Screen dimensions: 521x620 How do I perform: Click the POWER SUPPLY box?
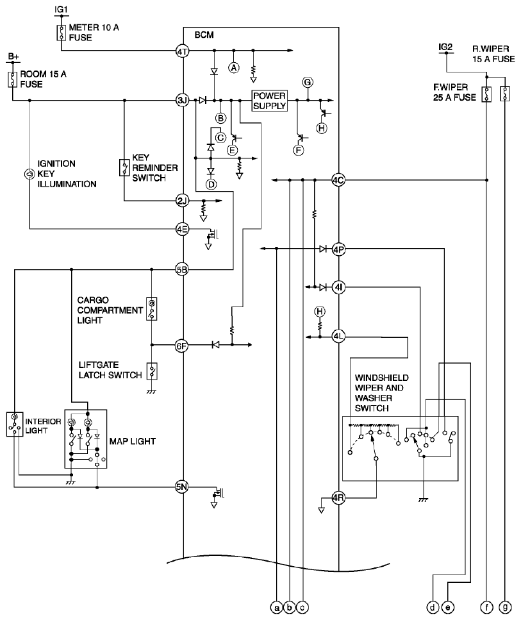pos(269,101)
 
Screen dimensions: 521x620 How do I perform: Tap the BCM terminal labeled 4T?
pos(182,51)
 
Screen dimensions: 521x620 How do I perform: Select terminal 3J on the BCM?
pos(182,100)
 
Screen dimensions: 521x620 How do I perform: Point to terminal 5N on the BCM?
pos(181,487)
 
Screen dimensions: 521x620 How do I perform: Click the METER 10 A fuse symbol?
pos(62,33)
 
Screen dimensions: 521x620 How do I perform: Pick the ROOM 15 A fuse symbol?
pos(13,80)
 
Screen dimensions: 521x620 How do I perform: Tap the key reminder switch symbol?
pos(124,167)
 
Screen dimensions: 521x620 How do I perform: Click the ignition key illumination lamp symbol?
pos(29,174)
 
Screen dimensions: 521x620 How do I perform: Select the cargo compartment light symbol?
pos(151,309)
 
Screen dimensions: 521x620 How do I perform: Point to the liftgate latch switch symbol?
pos(152,371)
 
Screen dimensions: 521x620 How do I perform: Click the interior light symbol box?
pos(15,424)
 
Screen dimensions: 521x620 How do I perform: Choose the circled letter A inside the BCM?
pos(234,68)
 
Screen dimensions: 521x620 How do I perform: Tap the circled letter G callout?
pos(308,82)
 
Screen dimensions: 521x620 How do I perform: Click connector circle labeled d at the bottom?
pos(433,607)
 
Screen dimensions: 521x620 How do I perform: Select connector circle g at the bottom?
pos(505,607)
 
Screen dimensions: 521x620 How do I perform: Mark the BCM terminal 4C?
pos(338,180)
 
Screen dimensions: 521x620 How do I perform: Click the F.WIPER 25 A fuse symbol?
pos(486,94)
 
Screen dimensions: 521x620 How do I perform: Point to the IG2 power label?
pos(445,47)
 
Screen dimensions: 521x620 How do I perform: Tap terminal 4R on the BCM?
pos(338,498)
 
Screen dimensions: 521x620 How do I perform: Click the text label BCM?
pos(204,35)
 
